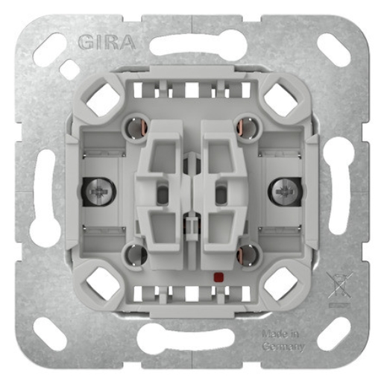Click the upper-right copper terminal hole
[x=247, y=124]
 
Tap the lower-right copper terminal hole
[x=247, y=256]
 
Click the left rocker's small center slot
[x=162, y=195]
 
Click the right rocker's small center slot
[x=221, y=195]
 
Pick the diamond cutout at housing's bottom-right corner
[x=281, y=284]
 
